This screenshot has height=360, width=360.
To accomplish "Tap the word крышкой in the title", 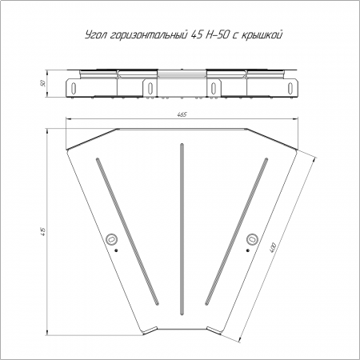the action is coord(262,35).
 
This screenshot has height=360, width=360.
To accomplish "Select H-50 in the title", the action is coord(215,35).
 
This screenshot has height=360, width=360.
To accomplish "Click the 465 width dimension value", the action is coord(182,114).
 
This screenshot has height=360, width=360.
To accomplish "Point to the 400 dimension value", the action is coord(273,247).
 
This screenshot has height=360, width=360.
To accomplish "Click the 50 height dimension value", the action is coord(42,83).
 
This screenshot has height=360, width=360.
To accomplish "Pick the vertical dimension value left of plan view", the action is coord(43,231).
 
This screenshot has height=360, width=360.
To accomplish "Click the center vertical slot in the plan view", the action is coord(182,230).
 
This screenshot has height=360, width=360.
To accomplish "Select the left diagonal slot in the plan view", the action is coord(127,231).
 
